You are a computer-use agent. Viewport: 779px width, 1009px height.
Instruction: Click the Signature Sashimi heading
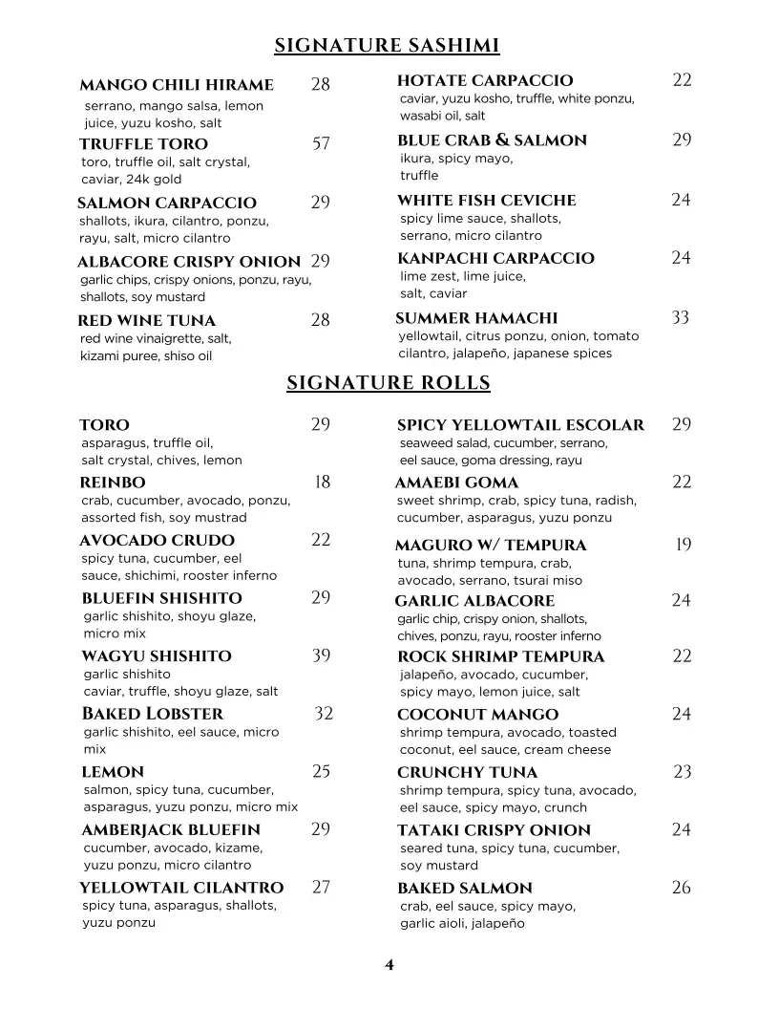[387, 46]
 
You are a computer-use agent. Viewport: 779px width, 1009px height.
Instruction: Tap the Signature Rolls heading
[389, 383]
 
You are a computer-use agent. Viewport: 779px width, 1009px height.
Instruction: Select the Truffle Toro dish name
[143, 144]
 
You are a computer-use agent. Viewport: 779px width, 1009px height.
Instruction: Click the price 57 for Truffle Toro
[321, 143]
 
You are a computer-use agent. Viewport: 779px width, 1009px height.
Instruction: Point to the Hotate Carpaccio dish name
[485, 81]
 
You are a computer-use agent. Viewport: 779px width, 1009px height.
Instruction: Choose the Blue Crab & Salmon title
[492, 140]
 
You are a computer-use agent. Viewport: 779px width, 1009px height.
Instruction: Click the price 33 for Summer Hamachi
[680, 317]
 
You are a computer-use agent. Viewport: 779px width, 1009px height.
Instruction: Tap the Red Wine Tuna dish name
[146, 321]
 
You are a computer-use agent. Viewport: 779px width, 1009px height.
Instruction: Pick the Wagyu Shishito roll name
[157, 656]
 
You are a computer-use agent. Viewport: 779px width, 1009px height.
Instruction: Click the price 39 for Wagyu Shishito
[321, 655]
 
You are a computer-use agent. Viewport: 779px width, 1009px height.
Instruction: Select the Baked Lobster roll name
[153, 714]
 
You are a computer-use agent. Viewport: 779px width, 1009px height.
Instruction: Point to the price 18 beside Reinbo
[322, 483]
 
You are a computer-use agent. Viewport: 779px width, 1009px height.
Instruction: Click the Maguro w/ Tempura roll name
[491, 546]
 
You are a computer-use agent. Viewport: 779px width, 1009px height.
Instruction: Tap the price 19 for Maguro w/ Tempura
[683, 545]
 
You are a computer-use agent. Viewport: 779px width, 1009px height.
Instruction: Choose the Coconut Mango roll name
[477, 715]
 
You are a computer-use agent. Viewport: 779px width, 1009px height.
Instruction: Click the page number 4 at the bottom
[389, 965]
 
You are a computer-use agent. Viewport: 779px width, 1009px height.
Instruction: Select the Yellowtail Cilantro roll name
[181, 889]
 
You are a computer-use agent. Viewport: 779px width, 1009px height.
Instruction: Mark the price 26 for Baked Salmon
[681, 888]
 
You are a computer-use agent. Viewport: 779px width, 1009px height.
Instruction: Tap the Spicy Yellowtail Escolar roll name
[520, 425]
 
